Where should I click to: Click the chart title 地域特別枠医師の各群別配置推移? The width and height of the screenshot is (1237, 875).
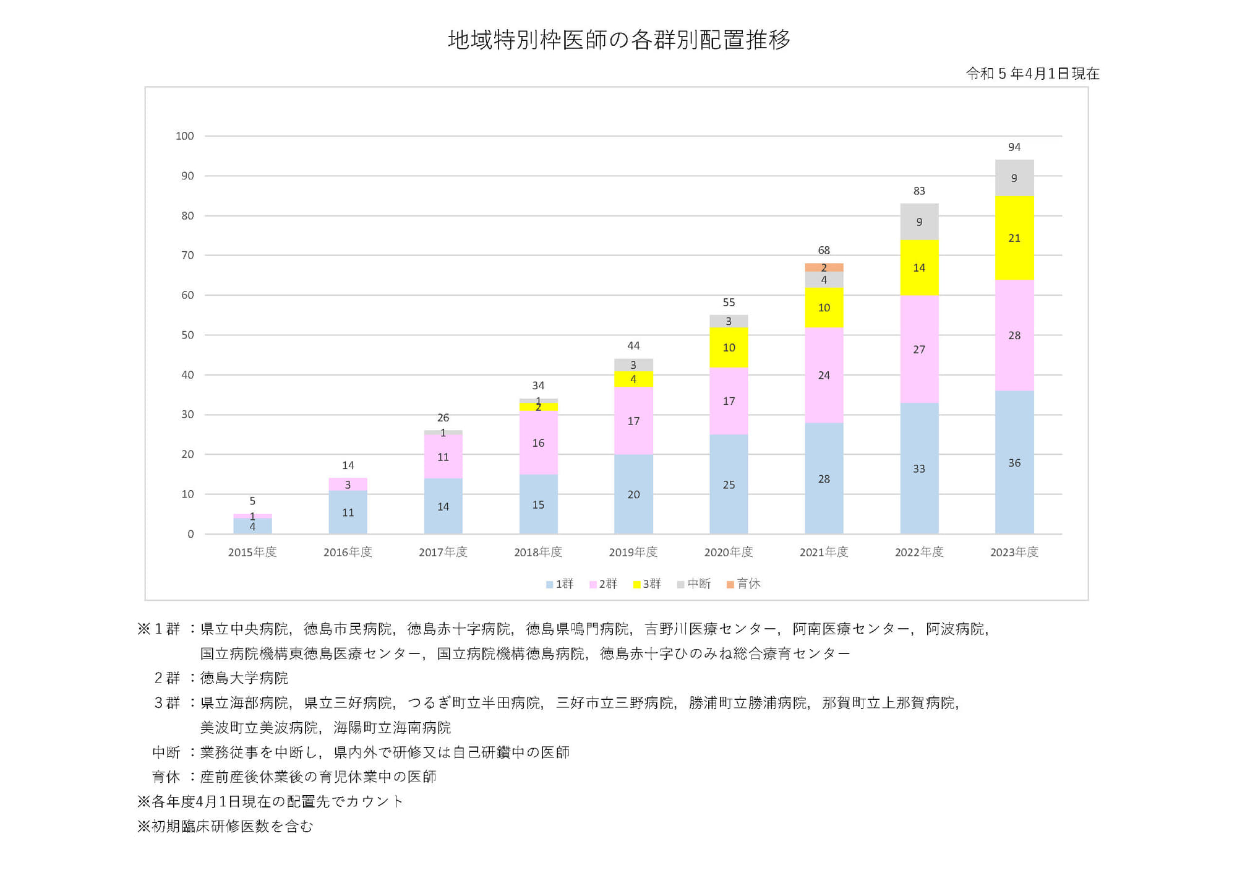click(619, 40)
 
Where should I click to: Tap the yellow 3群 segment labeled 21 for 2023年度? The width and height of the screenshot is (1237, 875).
click(1014, 238)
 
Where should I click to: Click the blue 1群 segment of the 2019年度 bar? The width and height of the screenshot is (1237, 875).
click(633, 494)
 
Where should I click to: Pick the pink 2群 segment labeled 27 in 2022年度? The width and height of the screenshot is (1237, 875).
click(919, 350)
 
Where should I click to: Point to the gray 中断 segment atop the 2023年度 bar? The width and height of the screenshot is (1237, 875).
click(1014, 178)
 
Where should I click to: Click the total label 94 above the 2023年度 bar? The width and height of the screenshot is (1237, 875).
click(1014, 147)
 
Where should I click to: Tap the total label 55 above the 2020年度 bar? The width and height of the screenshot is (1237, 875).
click(729, 303)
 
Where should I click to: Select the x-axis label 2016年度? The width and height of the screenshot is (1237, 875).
click(348, 552)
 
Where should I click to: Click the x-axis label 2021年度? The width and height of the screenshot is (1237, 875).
click(824, 552)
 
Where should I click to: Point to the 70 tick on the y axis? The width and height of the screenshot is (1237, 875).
click(187, 255)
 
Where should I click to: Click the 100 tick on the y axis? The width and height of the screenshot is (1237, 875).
click(185, 136)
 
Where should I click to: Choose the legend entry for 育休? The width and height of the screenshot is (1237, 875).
click(743, 584)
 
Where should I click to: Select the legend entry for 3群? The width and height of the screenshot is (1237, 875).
click(648, 584)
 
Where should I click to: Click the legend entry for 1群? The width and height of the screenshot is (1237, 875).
click(560, 584)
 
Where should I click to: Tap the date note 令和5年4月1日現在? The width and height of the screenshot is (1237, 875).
click(1032, 74)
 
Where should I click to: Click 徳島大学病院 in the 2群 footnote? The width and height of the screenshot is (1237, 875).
click(244, 678)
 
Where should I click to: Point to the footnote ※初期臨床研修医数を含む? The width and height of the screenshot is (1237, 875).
click(225, 826)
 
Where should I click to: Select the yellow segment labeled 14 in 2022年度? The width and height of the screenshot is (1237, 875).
click(919, 268)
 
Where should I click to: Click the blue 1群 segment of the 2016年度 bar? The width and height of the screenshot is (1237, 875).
click(348, 512)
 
